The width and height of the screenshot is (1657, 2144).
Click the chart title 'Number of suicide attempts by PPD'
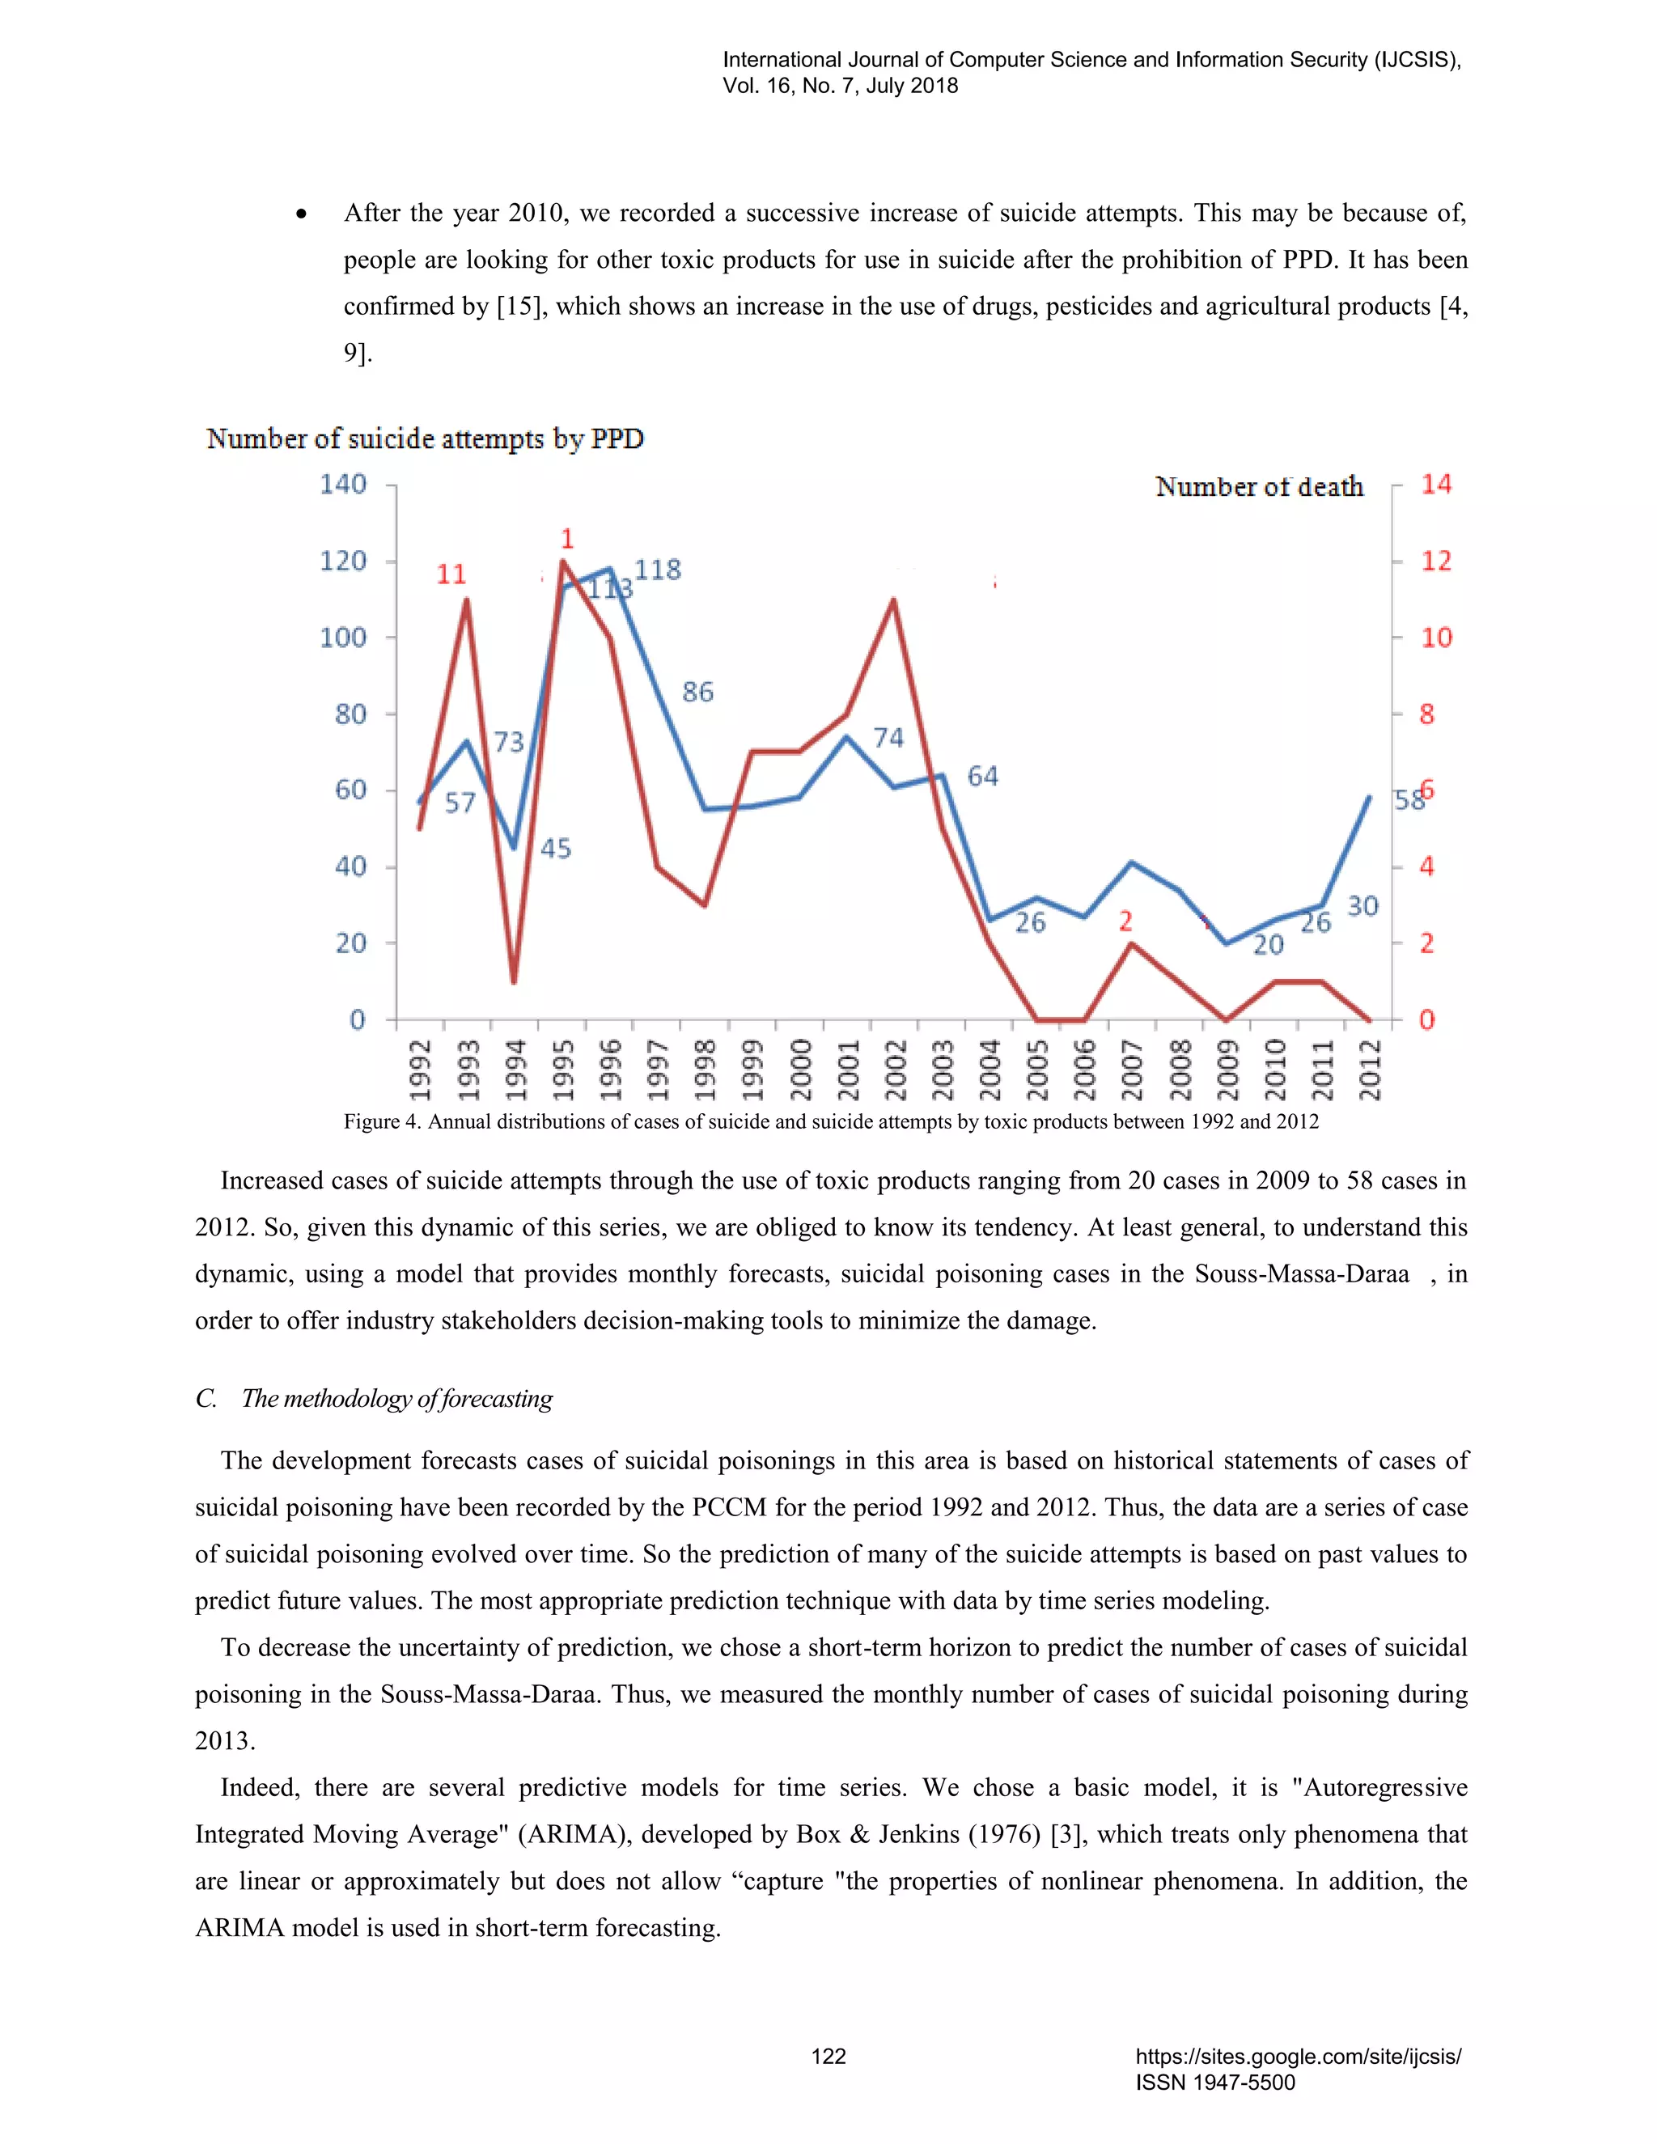(425, 439)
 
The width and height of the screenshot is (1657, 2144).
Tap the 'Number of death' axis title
(1260, 487)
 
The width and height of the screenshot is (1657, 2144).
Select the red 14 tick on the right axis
(1436, 484)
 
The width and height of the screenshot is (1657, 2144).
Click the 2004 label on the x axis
(990, 1070)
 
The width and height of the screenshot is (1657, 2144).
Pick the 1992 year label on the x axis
(420, 1070)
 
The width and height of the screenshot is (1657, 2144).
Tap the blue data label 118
(658, 570)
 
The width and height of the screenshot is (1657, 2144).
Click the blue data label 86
(698, 692)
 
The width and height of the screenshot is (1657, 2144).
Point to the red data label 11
(451, 574)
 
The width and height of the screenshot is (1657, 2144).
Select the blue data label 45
(556, 848)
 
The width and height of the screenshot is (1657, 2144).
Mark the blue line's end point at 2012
(1370, 797)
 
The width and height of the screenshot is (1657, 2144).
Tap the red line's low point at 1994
(514, 981)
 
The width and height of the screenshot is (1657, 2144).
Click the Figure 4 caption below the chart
(830, 1121)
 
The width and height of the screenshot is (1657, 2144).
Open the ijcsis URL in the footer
(1298, 2057)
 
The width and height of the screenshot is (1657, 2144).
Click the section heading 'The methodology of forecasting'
(396, 1398)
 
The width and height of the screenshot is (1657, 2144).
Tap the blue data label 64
(982, 777)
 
